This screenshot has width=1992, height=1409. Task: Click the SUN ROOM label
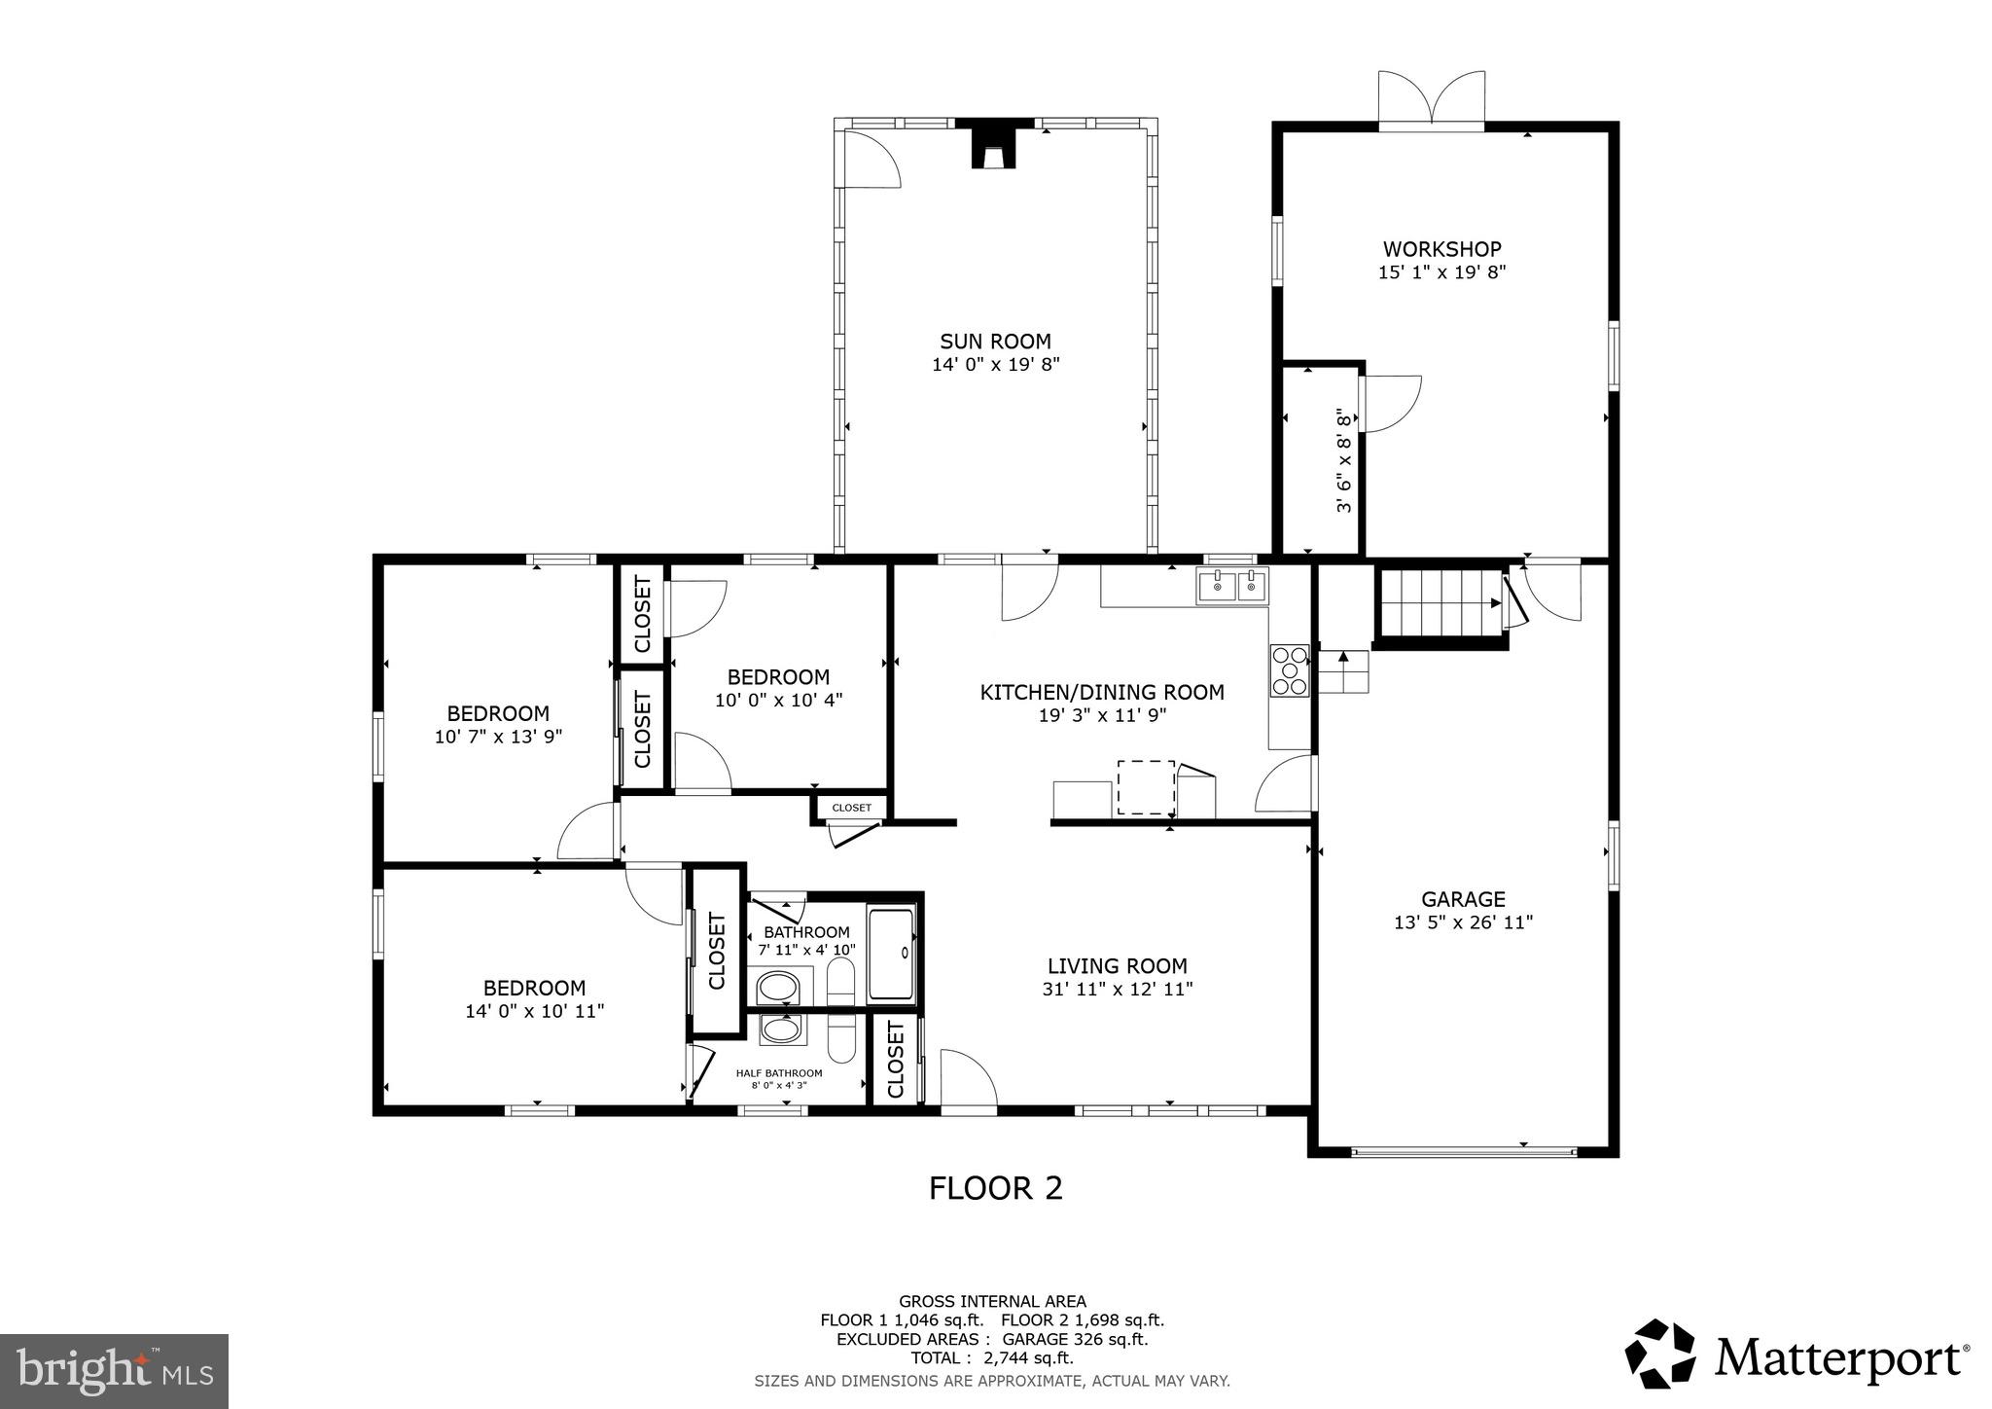pyautogui.click(x=994, y=342)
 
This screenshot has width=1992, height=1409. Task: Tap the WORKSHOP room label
pyautogui.click(x=1441, y=249)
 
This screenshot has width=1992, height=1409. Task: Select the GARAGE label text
pyautogui.click(x=1463, y=899)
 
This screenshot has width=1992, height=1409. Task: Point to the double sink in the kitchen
pyautogui.click(x=1232, y=587)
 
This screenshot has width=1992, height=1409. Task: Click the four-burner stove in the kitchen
pyautogui.click(x=1290, y=671)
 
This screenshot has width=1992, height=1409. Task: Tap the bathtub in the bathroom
pyautogui.click(x=891, y=954)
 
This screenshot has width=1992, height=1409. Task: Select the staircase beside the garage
pyautogui.click(x=1440, y=603)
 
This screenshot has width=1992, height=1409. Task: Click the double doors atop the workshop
pyautogui.click(x=1432, y=100)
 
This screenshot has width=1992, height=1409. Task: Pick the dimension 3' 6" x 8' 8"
pyautogui.click(x=1344, y=460)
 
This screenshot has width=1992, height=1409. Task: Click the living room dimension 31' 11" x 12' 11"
pyautogui.click(x=1117, y=990)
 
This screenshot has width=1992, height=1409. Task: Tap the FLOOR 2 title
pyautogui.click(x=995, y=1188)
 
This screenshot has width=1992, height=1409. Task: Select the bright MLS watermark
pyautogui.click(x=115, y=1371)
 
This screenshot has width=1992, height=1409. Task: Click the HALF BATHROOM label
pyautogui.click(x=779, y=1073)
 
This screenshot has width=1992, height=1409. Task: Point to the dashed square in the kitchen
pyautogui.click(x=1146, y=787)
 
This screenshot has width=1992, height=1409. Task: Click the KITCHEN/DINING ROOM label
pyautogui.click(x=1101, y=692)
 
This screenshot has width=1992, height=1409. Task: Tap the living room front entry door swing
pyautogui.click(x=968, y=1078)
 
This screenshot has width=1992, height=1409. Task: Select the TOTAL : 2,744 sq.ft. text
pyautogui.click(x=991, y=1358)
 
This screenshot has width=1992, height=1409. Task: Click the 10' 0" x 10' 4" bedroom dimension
pyautogui.click(x=778, y=700)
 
